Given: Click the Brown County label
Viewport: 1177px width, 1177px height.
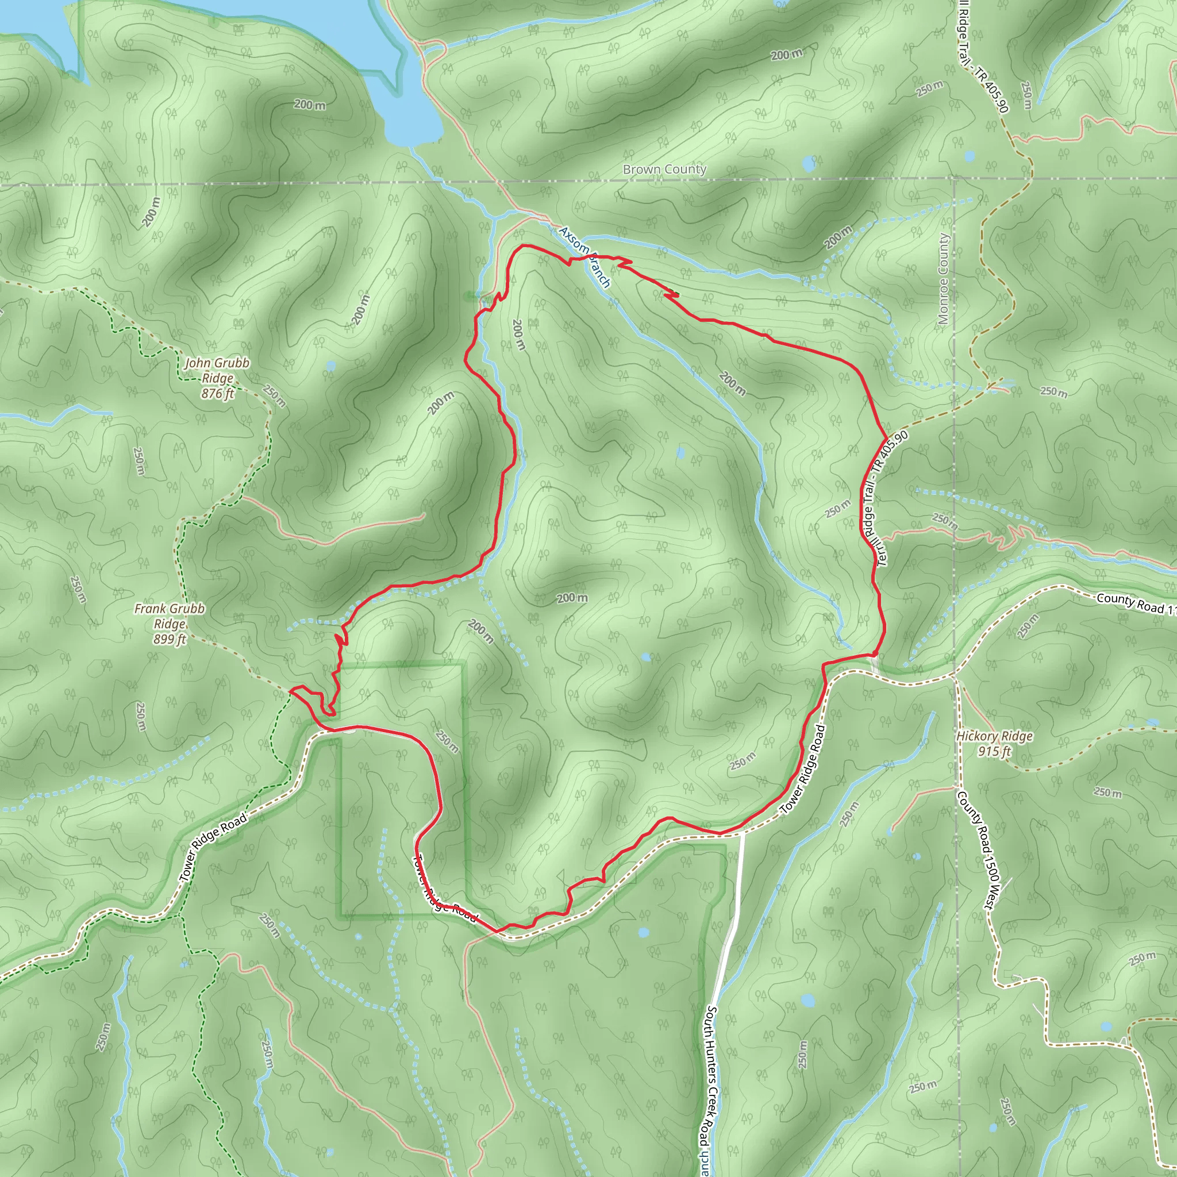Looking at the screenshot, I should (x=664, y=170).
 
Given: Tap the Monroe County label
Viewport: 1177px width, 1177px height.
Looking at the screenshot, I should (x=944, y=279).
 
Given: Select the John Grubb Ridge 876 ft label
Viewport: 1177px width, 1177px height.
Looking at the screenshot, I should (x=217, y=378).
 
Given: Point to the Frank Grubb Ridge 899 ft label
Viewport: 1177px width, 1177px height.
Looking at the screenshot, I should (x=170, y=623).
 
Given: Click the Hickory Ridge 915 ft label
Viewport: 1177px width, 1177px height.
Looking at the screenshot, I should (x=994, y=743).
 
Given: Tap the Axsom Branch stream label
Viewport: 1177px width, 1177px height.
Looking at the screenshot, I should (x=584, y=257).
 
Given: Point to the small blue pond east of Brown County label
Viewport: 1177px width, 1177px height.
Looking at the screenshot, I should (x=809, y=163).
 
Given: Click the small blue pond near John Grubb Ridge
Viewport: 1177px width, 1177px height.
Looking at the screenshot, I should (x=330, y=366).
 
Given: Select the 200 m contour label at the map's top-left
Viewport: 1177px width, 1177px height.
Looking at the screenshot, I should (x=310, y=105).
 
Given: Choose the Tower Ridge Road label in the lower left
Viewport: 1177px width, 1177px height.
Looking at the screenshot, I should (x=214, y=847).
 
